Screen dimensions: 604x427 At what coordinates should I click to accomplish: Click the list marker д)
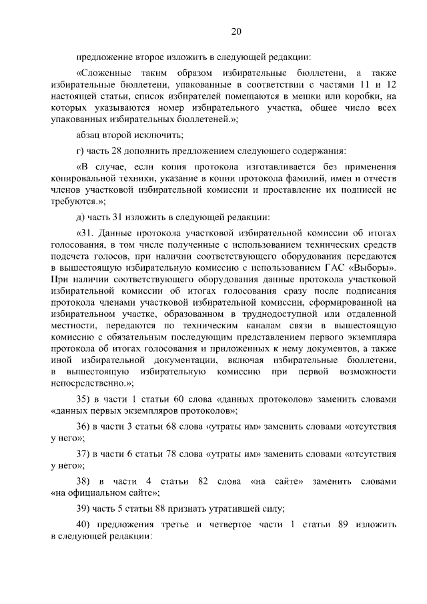[81, 217]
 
